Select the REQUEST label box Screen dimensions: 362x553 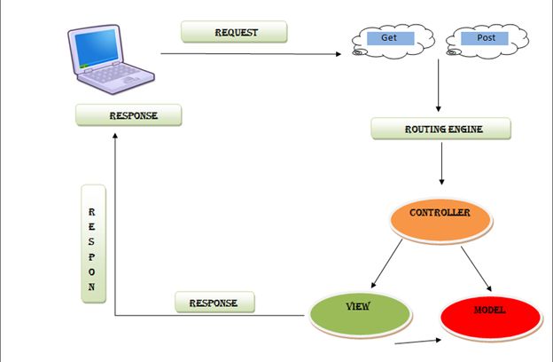(235, 32)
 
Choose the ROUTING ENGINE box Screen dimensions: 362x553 (441, 129)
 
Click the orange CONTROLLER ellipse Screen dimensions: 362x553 (440, 221)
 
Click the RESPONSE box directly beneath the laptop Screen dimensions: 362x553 (129, 115)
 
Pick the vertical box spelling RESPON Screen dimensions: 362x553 (93, 244)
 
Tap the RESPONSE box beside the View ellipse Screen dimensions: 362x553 (214, 303)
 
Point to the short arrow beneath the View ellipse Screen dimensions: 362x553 (417, 341)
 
